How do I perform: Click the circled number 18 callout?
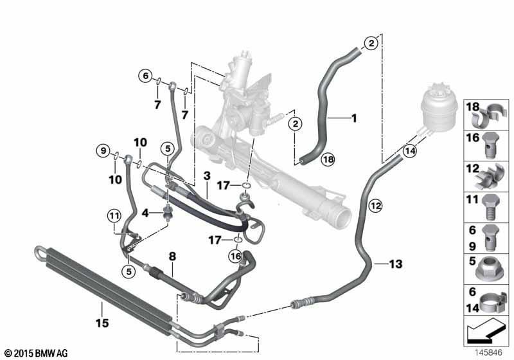click(x=328, y=159)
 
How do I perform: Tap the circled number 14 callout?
click(x=410, y=151)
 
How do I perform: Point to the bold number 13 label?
click(x=396, y=264)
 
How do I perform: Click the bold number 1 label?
click(x=354, y=118)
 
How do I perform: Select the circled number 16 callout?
click(x=236, y=256)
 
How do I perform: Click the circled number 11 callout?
click(x=114, y=216)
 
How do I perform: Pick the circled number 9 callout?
click(x=103, y=151)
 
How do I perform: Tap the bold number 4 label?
click(x=145, y=213)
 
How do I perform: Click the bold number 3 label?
click(x=207, y=175)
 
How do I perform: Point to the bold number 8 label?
click(x=172, y=256)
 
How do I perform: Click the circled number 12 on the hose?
click(x=376, y=206)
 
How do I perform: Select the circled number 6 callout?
click(x=145, y=76)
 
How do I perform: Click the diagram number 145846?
click(x=489, y=353)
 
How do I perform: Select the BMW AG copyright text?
click(x=37, y=353)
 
